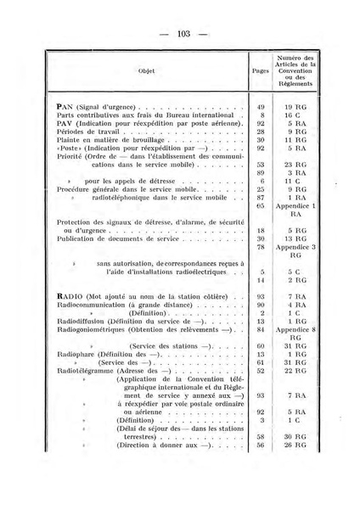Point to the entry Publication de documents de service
pos(107,238)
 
